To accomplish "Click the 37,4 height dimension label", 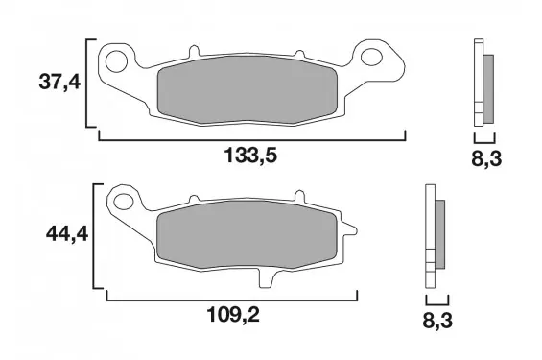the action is click(59, 83).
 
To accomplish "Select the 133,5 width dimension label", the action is click(251, 155).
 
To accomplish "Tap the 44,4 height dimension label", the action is click(67, 234).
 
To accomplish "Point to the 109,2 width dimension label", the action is click(233, 315).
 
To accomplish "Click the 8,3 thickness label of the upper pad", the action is click(486, 159).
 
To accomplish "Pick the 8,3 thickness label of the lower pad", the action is click(437, 321).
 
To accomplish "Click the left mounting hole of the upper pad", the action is click(116, 61).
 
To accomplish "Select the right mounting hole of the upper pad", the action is click(371, 57).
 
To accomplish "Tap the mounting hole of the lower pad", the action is click(124, 202).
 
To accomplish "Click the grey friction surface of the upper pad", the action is click(247, 89).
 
